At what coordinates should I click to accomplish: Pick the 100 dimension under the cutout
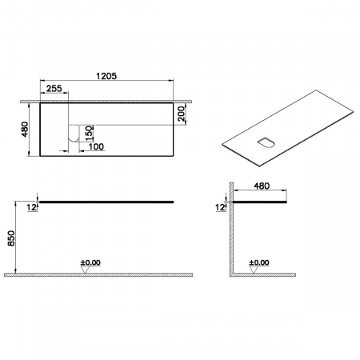[x=96, y=146]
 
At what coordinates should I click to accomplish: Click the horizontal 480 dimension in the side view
[x=261, y=186]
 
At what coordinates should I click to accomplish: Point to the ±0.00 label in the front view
[x=90, y=262]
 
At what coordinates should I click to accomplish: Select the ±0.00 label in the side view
[x=260, y=262]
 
